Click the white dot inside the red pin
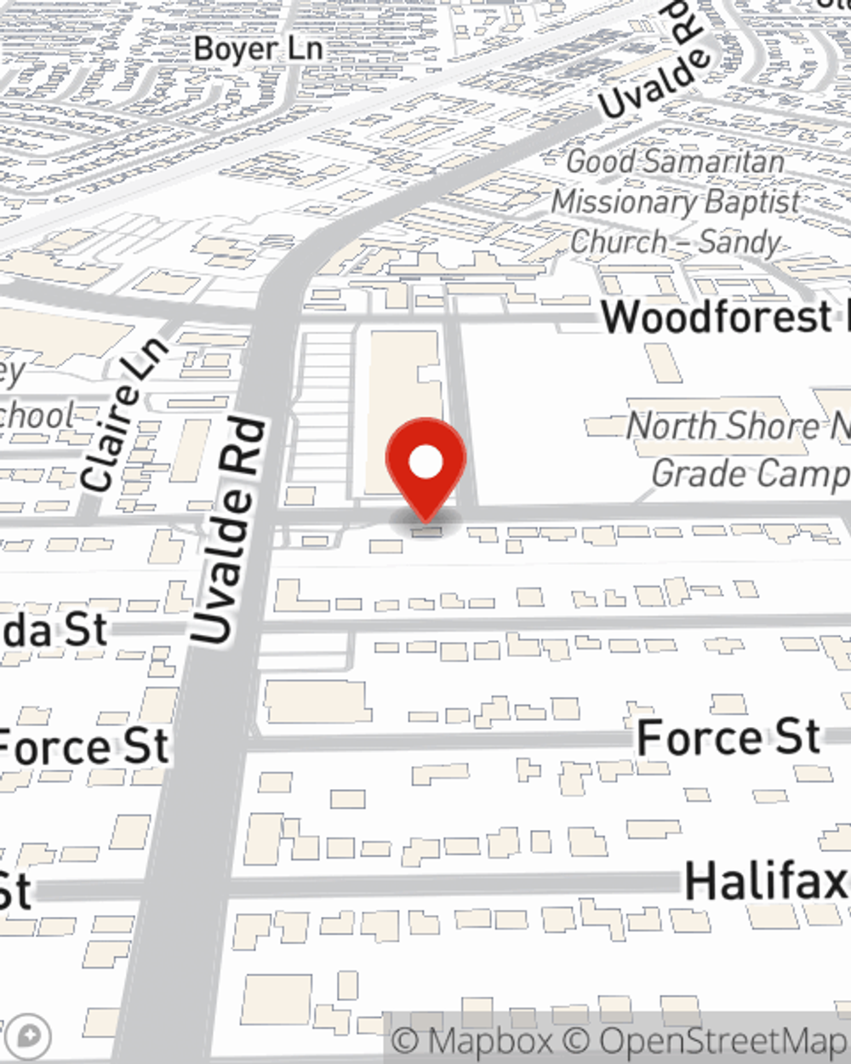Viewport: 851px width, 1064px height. [425, 463]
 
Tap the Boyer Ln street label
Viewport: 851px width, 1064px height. [258, 49]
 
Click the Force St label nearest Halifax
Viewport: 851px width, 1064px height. [728, 737]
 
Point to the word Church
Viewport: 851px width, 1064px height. [619, 243]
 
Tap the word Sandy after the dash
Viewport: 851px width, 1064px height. [738, 243]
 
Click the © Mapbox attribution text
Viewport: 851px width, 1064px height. [472, 1041]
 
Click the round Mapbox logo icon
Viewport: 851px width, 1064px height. [28, 1036]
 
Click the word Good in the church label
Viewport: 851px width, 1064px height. [601, 161]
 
